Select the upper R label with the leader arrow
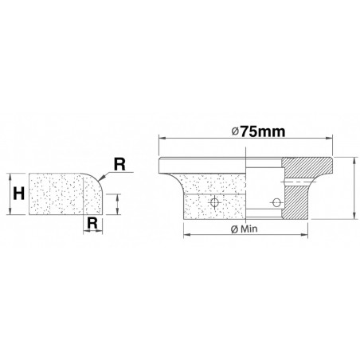tap(119, 166)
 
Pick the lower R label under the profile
tap(94, 224)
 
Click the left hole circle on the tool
tap(213, 203)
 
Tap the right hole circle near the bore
tap(276, 200)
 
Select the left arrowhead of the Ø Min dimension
tap(186, 233)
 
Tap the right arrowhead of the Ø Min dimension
tap(306, 233)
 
